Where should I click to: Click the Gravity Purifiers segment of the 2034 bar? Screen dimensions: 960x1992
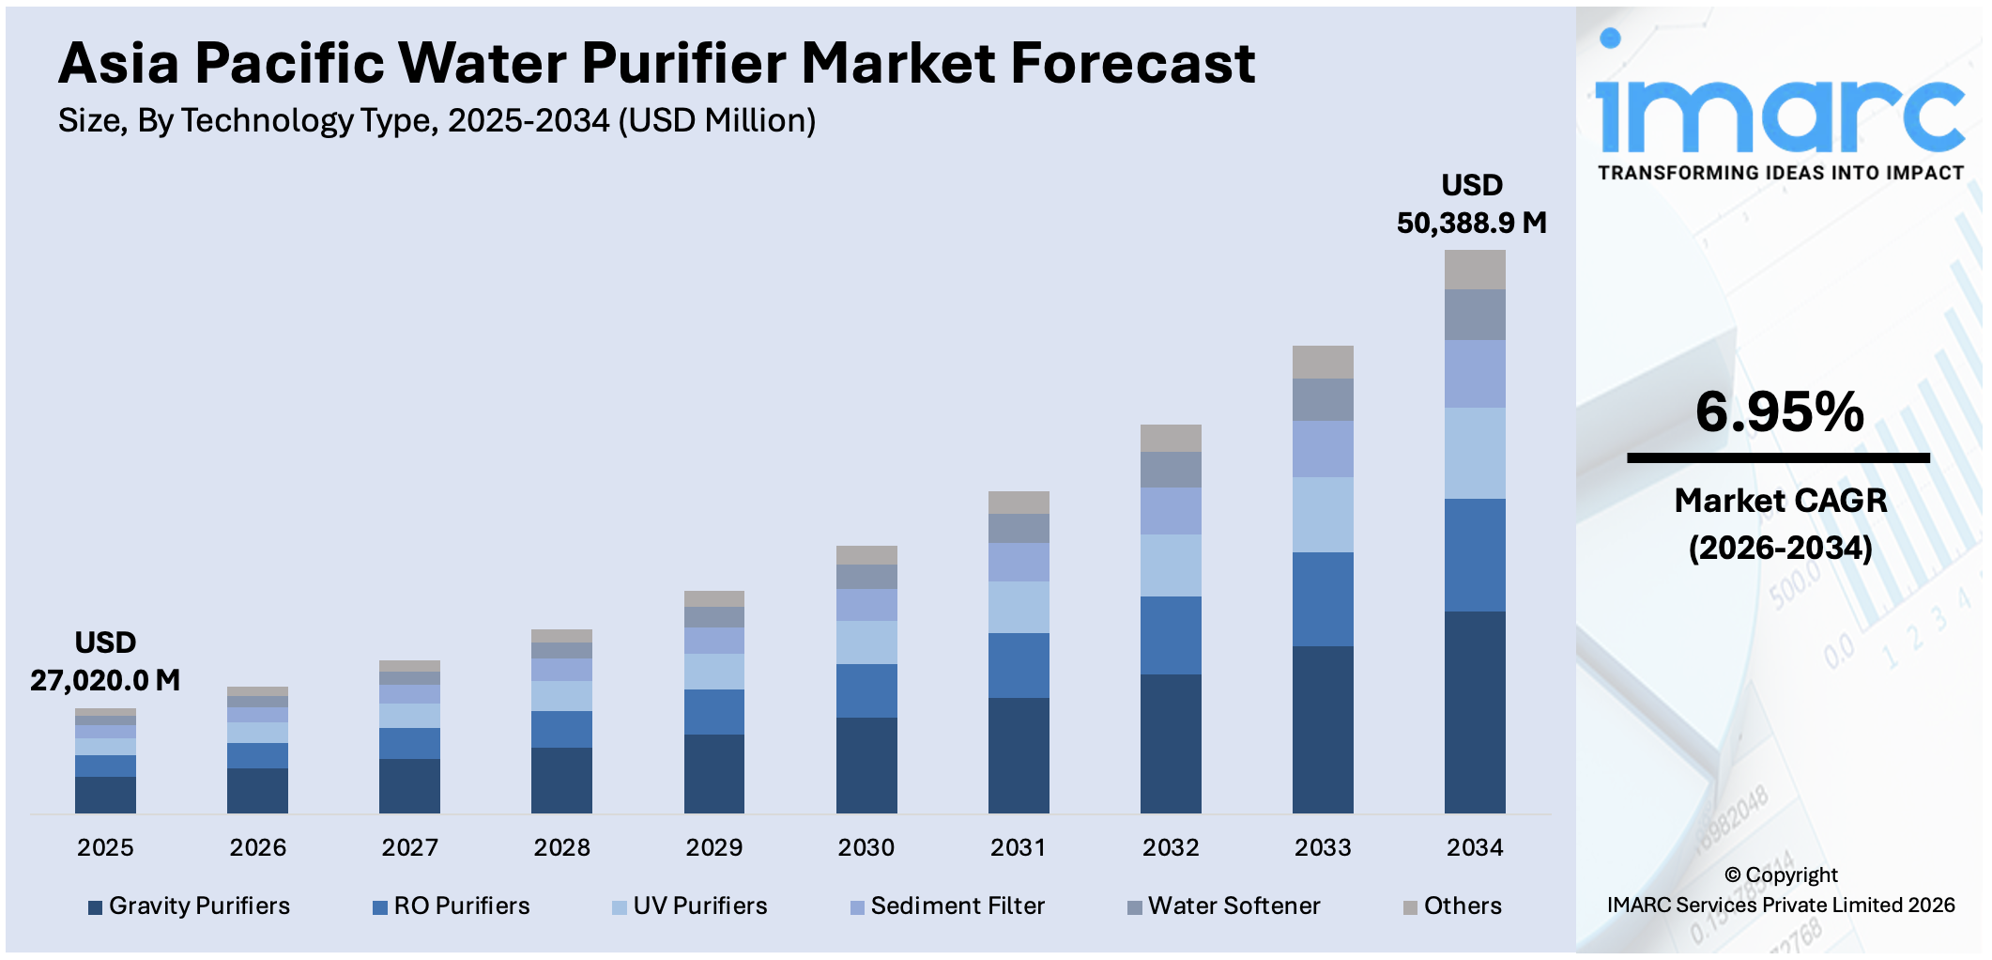[x=1474, y=712]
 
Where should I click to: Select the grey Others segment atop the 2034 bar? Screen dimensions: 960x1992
[x=1474, y=270]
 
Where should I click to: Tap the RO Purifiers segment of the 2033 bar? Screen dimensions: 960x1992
[x=1322, y=598]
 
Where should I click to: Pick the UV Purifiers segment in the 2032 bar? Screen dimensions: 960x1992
[x=1170, y=565]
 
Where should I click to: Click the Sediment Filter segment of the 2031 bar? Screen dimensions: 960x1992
[x=1018, y=562]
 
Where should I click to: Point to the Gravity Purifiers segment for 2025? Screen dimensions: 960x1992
[x=105, y=795]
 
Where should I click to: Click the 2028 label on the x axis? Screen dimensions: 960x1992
[x=561, y=847]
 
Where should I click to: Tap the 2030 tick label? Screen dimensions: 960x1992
[x=866, y=847]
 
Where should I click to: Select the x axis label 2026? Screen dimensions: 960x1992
[x=257, y=847]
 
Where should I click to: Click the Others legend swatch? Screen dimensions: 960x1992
[x=1410, y=907]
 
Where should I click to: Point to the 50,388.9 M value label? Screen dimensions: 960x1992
[x=1471, y=224]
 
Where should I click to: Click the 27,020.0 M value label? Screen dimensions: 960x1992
[x=105, y=680]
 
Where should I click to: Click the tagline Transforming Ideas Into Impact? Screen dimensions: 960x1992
[x=1780, y=173]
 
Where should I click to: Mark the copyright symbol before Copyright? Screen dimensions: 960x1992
[x=1732, y=875]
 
